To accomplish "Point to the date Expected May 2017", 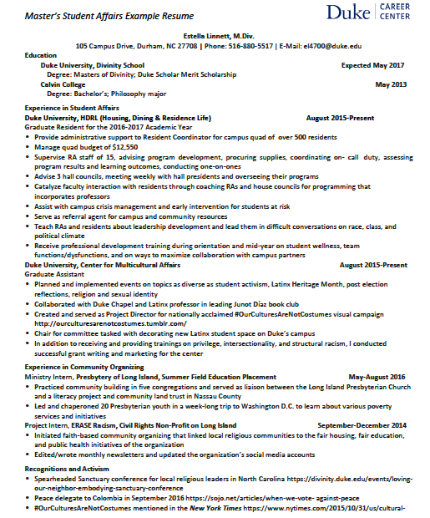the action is coord(372,64).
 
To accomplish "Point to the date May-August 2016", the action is coord(377,377).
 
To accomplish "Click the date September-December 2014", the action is coord(362,424).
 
